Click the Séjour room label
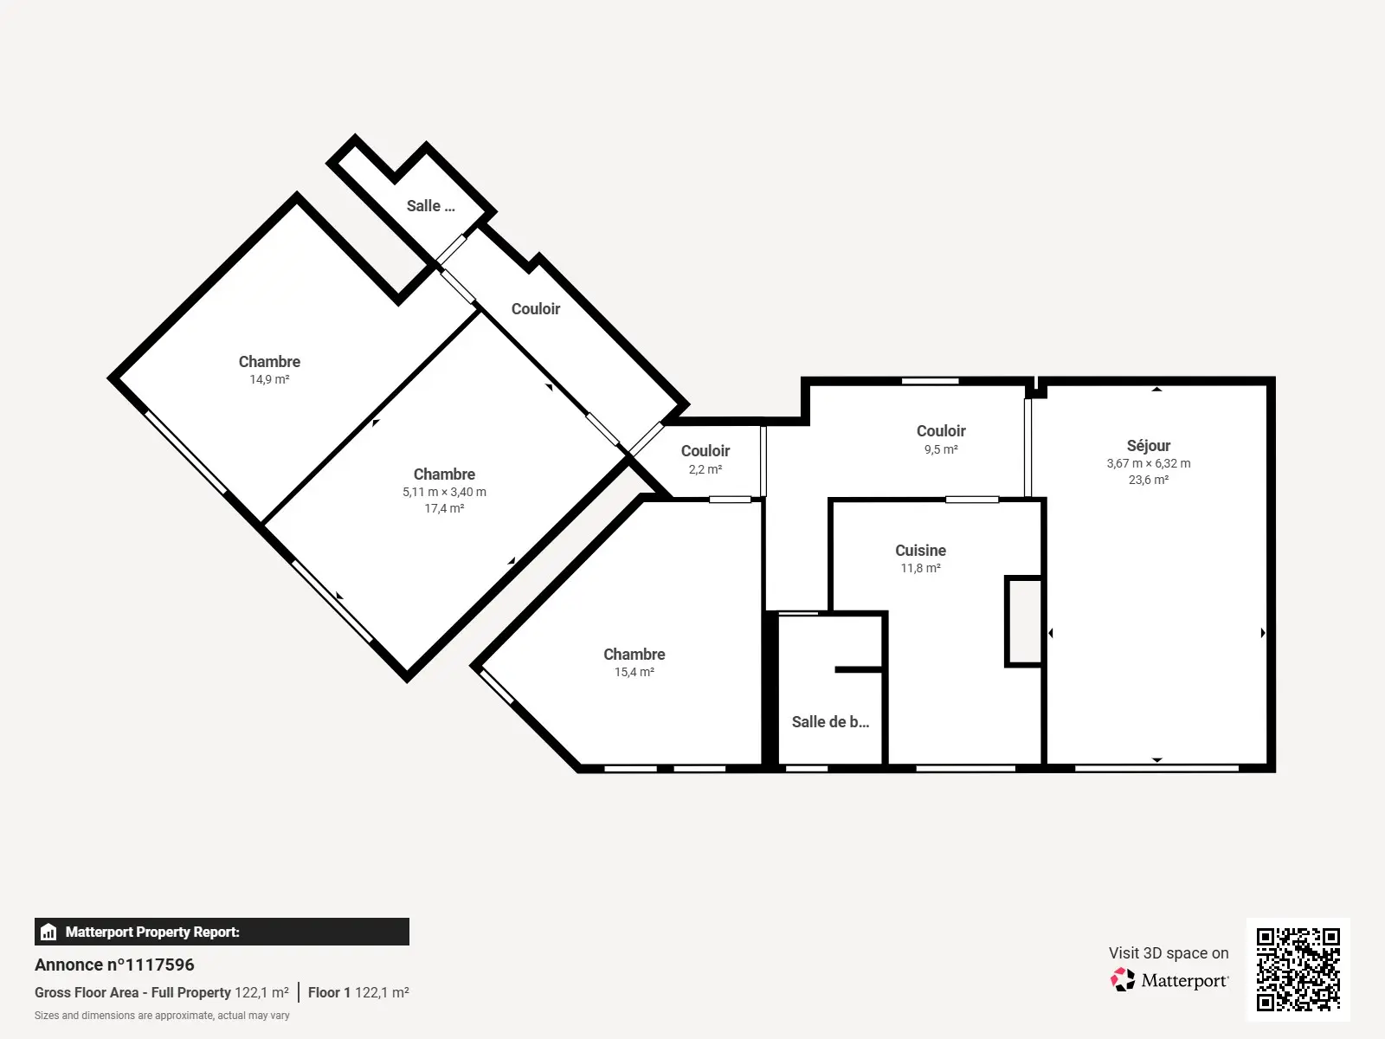1149,445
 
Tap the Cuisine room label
921,550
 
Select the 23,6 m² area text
1149,480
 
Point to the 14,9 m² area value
269,379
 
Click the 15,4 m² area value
635,672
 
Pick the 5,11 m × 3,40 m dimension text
444,492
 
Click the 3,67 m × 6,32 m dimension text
1149,463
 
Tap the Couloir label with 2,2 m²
705,451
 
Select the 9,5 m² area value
941,449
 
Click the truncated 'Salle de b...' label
830,722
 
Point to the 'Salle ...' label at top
430,206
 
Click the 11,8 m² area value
921,568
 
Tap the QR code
1298,969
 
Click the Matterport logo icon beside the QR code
1123,980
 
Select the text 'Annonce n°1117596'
114,965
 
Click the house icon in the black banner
48,932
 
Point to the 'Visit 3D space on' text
1169,952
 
